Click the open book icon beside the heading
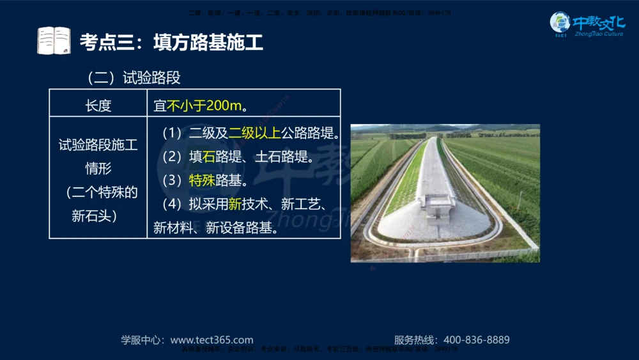click(x=54, y=40)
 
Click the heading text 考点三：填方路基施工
click(x=171, y=43)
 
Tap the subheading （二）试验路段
click(x=134, y=78)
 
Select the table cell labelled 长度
click(x=98, y=106)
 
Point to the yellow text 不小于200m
click(x=204, y=106)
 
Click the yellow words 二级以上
click(x=254, y=134)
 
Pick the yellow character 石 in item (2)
click(x=209, y=157)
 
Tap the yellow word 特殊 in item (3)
click(x=202, y=180)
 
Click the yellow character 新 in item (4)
click(x=235, y=205)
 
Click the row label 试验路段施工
click(x=98, y=145)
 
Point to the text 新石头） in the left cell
click(x=94, y=216)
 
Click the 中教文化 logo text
click(x=599, y=23)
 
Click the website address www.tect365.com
click(x=212, y=340)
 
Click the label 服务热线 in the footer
click(x=414, y=340)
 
